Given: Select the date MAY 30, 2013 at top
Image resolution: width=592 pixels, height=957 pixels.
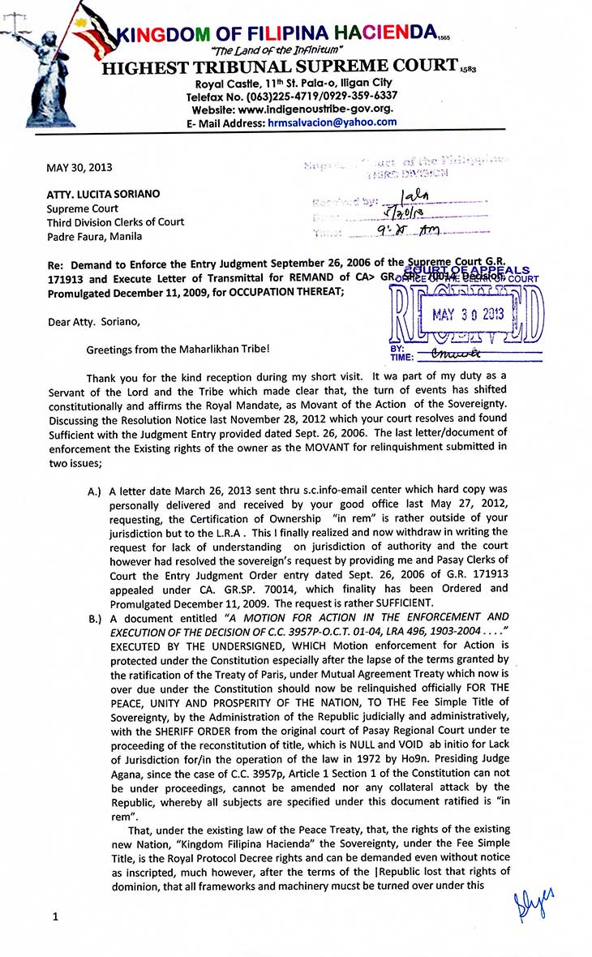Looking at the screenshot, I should coord(79,168).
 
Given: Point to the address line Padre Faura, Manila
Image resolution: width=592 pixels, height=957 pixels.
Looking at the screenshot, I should coord(94,236).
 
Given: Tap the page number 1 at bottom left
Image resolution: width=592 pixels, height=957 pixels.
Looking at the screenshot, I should coord(55,917).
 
